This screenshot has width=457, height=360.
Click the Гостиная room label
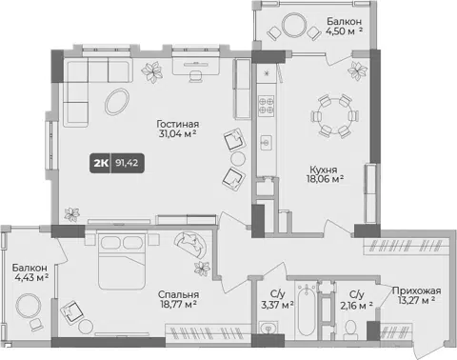tap(178, 124)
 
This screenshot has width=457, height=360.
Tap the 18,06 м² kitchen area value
tap(325, 179)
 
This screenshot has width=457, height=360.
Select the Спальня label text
tap(178, 294)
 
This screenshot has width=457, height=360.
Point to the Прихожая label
tap(417, 290)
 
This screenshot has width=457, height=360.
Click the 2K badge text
tap(101, 163)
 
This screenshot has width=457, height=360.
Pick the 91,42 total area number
tap(127, 163)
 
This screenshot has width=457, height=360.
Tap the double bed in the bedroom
tap(122, 261)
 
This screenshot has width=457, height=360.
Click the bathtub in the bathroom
tap(307, 310)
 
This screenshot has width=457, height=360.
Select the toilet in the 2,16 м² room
tap(350, 329)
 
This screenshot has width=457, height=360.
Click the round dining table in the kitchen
tap(334, 115)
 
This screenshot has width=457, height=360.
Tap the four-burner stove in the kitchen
tap(266, 106)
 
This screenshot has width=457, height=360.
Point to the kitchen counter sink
tap(266, 143)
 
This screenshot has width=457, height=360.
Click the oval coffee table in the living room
tap(117, 102)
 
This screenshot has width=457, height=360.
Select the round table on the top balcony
tap(294, 25)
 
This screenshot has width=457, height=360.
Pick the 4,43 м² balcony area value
tap(31, 277)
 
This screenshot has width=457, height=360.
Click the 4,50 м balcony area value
tap(340, 31)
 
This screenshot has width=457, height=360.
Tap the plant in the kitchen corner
tap(357, 70)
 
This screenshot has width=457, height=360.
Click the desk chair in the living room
tap(196, 75)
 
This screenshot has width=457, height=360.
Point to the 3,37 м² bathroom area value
tap(277, 305)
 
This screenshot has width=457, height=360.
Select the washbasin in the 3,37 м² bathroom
tap(268, 328)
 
